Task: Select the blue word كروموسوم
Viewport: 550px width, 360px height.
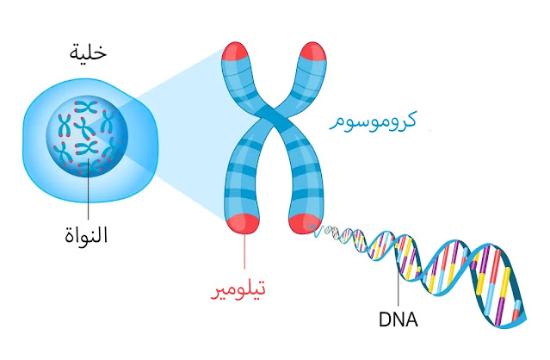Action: tap(373, 121)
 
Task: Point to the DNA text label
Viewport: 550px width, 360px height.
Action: tap(398, 320)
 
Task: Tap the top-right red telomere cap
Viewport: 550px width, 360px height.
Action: tap(311, 54)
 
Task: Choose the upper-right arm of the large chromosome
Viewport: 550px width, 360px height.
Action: tap(306, 86)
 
